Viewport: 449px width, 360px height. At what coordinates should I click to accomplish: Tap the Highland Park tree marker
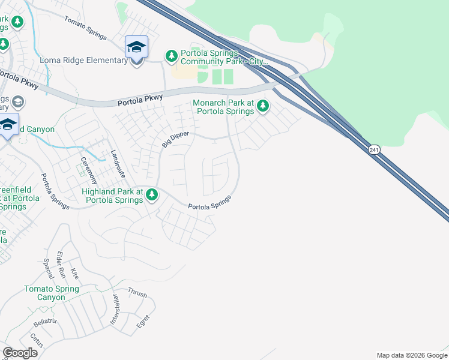pyautogui.click(x=152, y=194)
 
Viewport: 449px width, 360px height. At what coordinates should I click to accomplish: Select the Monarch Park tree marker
pyautogui.click(x=262, y=107)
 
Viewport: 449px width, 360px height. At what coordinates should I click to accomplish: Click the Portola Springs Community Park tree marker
pyautogui.click(x=172, y=56)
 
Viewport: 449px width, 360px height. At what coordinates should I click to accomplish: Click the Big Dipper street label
pyautogui.click(x=175, y=140)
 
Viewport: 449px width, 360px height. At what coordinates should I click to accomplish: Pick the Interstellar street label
pyautogui.click(x=115, y=310)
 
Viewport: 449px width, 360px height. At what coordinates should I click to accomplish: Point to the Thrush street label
pyautogui.click(x=137, y=292)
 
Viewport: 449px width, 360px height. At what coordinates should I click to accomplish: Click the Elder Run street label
pyautogui.click(x=61, y=265)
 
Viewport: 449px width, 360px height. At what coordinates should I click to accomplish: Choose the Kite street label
pyautogui.click(x=74, y=274)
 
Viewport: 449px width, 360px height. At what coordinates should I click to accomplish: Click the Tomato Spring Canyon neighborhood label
pyautogui.click(x=51, y=293)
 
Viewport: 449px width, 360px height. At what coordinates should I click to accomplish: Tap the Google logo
pyautogui.click(x=20, y=352)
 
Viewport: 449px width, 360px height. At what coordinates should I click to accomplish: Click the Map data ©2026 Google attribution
pyautogui.click(x=412, y=355)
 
